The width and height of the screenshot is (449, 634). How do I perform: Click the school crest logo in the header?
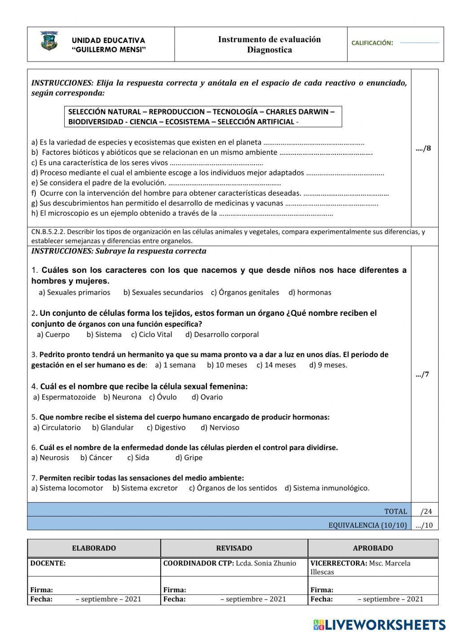[x=48, y=41]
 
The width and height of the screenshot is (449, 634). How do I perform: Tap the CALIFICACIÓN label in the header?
[x=372, y=43]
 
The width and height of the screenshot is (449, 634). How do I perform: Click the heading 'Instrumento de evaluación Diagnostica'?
[x=269, y=44]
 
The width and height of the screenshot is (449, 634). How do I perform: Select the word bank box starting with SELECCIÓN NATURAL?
[x=203, y=117]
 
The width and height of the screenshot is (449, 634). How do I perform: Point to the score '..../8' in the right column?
[x=423, y=148]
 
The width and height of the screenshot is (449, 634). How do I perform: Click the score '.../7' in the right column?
[x=423, y=374]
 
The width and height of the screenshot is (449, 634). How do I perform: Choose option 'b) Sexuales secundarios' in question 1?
[x=163, y=293]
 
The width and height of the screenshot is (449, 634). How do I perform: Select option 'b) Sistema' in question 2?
[x=104, y=335]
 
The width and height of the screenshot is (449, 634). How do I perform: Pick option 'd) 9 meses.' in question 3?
[x=328, y=365]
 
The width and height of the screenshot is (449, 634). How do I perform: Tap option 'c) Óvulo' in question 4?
[x=163, y=397]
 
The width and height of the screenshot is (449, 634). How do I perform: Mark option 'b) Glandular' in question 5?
[x=113, y=428]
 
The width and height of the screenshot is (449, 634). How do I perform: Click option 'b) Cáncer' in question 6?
[x=96, y=458]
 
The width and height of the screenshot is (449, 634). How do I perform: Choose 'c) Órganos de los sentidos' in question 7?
[x=233, y=488]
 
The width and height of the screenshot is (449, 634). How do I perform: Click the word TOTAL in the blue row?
[x=395, y=511]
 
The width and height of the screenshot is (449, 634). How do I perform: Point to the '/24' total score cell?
[x=426, y=511]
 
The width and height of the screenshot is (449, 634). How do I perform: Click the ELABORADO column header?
[x=94, y=548]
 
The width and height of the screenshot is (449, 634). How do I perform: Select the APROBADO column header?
[x=373, y=548]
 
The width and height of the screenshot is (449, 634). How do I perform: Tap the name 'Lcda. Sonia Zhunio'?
[x=266, y=563]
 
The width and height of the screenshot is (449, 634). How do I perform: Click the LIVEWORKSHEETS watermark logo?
[x=379, y=624]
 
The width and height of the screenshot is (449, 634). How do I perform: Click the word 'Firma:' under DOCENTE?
[x=41, y=590]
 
